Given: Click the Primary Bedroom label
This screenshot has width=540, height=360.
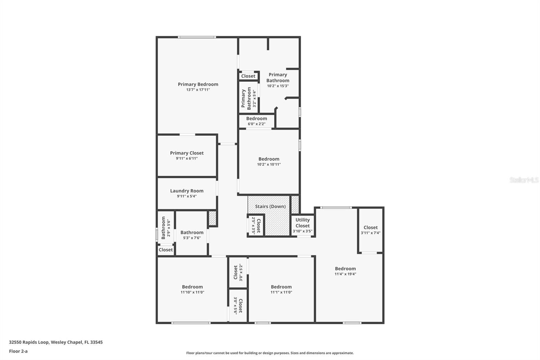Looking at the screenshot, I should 198,84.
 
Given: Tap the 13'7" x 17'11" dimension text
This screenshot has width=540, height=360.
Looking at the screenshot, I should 198,90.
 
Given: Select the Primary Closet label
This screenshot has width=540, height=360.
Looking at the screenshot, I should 187,153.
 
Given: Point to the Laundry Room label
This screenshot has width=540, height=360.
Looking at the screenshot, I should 187,191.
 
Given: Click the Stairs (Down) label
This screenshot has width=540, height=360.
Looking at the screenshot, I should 270,206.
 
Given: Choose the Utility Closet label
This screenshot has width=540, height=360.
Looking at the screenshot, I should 302,223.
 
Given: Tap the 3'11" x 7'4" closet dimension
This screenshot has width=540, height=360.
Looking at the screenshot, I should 371,233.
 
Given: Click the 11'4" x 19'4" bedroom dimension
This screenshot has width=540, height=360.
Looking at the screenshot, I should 345,274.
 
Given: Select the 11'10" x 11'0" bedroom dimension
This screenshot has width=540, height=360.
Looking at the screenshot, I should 192,292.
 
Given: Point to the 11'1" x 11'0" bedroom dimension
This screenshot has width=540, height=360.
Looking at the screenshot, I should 281,292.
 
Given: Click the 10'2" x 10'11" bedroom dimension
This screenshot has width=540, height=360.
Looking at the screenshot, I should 269,164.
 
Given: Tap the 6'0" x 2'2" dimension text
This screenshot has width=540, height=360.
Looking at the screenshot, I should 256,124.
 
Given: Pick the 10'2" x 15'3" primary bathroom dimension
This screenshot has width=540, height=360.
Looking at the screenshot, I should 278,86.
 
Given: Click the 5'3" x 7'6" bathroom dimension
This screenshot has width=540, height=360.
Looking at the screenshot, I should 192,238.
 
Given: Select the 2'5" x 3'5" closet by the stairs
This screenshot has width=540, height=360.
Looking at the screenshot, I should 256,226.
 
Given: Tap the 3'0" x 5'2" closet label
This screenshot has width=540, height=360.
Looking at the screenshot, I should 238,273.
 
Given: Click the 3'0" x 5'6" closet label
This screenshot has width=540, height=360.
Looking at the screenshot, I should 238,305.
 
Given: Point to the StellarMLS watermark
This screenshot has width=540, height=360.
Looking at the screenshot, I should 524,180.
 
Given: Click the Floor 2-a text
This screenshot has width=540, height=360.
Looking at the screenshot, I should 18,351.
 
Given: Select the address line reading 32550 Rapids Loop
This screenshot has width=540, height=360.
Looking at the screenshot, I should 56,342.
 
